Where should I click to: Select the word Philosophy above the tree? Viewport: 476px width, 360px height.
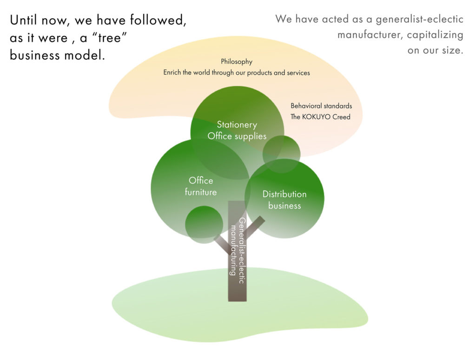(237, 61)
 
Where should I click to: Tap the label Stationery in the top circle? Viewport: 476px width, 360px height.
(237, 124)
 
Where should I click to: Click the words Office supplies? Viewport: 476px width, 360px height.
(237, 136)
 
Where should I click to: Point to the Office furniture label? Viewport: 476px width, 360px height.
(201, 186)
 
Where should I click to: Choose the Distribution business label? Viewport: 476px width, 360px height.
(284, 200)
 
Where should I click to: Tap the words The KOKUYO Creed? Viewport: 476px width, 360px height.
(320, 117)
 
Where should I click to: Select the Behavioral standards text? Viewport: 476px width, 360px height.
(321, 106)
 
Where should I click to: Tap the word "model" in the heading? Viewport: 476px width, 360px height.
(83, 55)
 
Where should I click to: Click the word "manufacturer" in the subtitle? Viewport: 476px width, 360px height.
(364, 35)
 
